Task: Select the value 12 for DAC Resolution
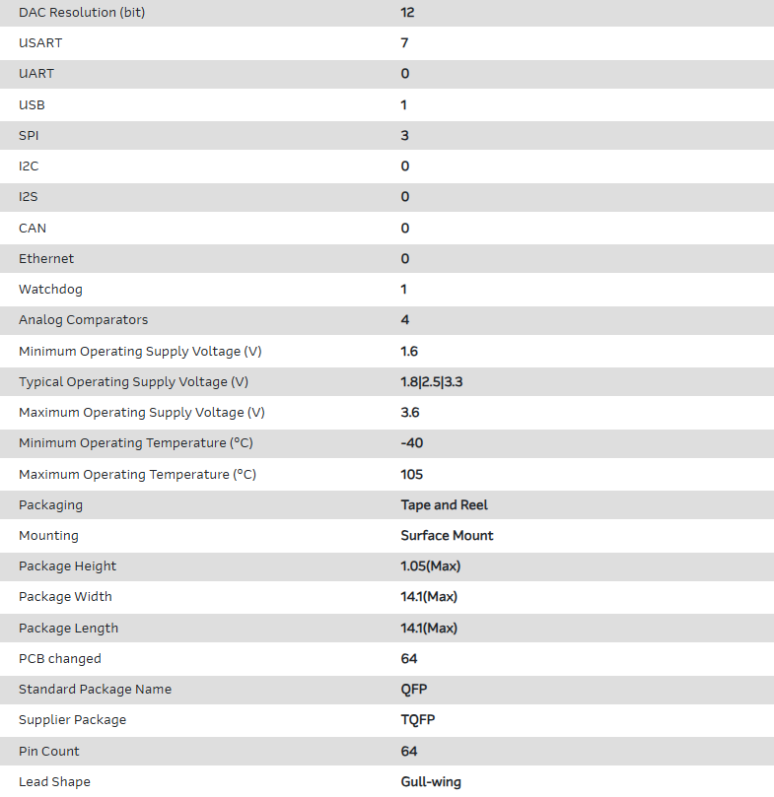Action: (x=407, y=12)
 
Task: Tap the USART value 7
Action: (x=404, y=43)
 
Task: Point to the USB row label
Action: (x=32, y=104)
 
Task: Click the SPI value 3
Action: (x=404, y=135)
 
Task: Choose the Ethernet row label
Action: (x=46, y=258)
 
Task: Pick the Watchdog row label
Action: (x=50, y=290)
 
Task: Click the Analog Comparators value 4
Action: (x=404, y=320)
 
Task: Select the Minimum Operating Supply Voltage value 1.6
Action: (x=409, y=351)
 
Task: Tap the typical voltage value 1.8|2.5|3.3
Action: (x=431, y=381)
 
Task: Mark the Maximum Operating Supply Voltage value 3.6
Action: (x=410, y=412)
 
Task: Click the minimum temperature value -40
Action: (x=411, y=443)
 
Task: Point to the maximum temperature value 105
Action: (x=411, y=474)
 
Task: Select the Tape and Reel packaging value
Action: (x=444, y=504)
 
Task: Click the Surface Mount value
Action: (x=447, y=535)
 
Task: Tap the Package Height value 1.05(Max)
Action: (x=430, y=565)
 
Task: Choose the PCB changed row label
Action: (x=59, y=658)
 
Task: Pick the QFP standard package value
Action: (x=413, y=689)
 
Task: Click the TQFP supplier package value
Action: (x=417, y=719)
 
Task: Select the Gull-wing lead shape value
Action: (x=430, y=781)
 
